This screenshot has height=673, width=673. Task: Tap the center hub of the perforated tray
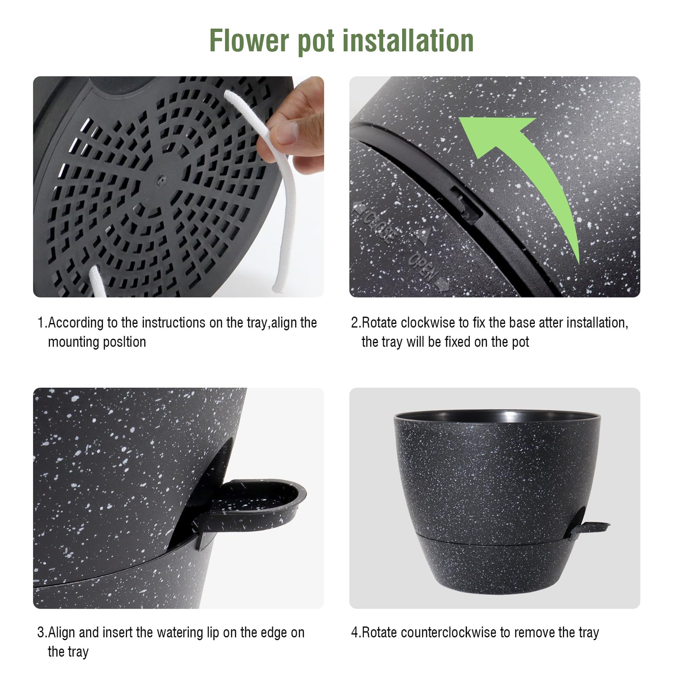click(159, 180)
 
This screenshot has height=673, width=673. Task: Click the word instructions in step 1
click(173, 323)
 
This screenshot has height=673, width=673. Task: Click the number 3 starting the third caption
click(41, 632)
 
